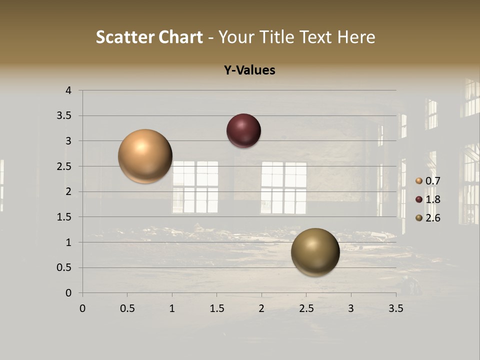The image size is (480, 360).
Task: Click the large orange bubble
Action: coord(145,156)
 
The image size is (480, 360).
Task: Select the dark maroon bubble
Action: coord(243,130)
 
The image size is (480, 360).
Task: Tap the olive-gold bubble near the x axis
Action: coord(315,252)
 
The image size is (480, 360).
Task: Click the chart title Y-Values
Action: coord(249,70)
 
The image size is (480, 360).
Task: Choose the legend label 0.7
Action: coord(433,181)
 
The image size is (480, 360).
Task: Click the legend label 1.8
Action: coord(433,199)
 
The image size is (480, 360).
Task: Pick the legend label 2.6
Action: coord(433,218)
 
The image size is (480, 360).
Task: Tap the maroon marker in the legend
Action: coord(419,199)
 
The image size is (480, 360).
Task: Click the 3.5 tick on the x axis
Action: coord(395,308)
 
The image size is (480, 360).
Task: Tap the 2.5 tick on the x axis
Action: coord(306,308)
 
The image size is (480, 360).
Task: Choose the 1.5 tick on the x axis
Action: coord(216,308)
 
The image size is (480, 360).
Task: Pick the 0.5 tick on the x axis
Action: coord(127,308)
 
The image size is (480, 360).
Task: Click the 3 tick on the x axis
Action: coord(351,308)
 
